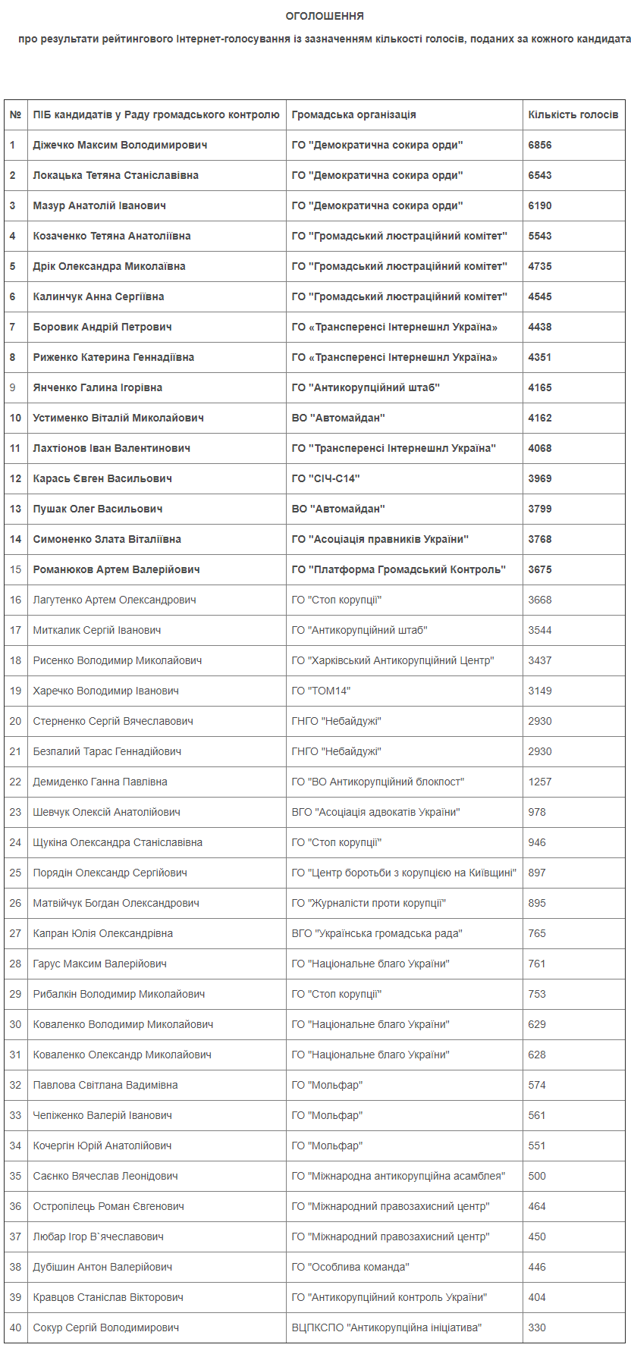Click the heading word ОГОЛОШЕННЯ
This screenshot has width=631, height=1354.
point(325,16)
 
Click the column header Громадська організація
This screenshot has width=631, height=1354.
point(353,114)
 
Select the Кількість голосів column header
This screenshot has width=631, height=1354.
point(573,114)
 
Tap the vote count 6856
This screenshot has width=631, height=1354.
point(540,145)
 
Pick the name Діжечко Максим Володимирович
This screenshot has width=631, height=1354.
point(120,145)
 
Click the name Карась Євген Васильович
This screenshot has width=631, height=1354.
point(102,478)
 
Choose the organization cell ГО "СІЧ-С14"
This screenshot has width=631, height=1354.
point(325,478)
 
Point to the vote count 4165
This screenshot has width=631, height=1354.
point(540,387)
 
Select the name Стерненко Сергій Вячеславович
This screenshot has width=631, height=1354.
point(113,721)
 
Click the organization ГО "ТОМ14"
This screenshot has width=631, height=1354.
point(321,691)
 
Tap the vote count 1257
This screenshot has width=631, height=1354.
point(540,782)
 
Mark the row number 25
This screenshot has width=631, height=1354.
point(15,873)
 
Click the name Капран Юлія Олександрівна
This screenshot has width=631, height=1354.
point(102,933)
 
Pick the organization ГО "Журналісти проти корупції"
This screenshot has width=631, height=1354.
point(369,903)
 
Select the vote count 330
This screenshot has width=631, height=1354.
point(537,1327)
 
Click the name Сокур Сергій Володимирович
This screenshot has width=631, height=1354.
point(105,1327)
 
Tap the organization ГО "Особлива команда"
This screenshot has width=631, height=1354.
point(350,1267)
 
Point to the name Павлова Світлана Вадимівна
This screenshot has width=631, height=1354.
point(105,1085)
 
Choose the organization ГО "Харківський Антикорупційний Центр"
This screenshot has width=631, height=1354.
point(393,660)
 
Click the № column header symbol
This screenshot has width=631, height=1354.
point(15,114)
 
